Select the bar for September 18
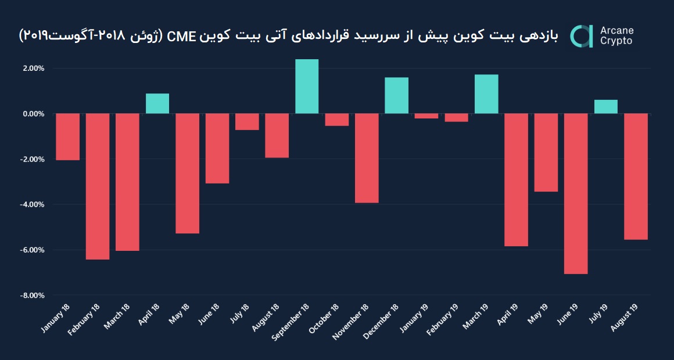(307, 87)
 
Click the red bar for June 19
(575, 193)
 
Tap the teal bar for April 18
(157, 103)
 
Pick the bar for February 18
(98, 186)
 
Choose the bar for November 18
(367, 158)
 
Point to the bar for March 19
(486, 94)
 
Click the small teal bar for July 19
(605, 107)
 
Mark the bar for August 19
(636, 177)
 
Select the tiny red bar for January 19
(426, 116)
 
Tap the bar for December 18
(396, 96)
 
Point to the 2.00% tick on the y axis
(33, 69)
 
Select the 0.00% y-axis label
(33, 114)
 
